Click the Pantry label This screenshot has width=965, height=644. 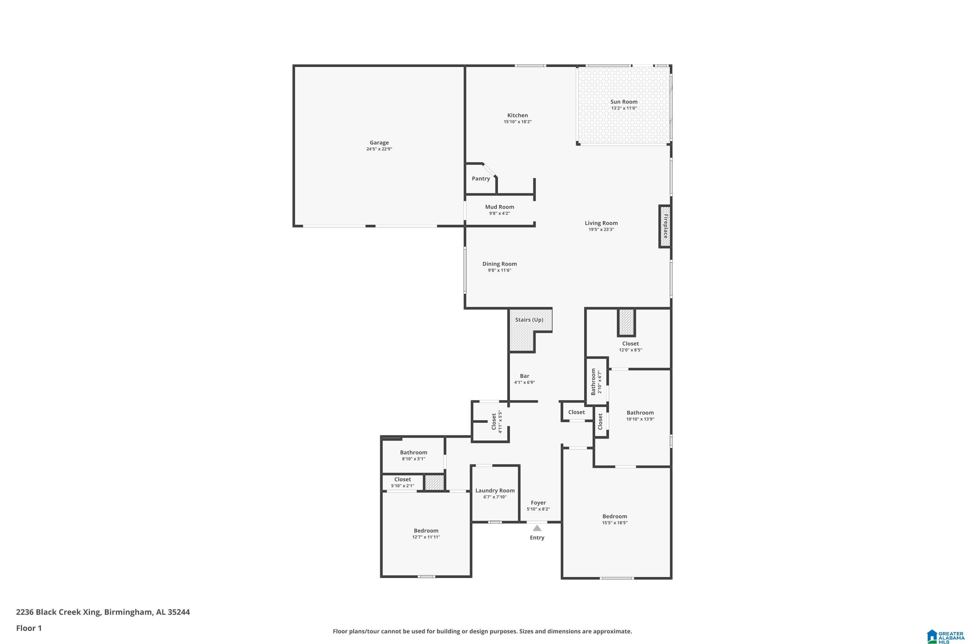(481, 179)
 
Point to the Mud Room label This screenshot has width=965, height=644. (499, 207)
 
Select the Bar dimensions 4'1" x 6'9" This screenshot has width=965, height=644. (524, 383)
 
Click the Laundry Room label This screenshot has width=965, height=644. (495, 490)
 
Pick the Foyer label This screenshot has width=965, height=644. (538, 503)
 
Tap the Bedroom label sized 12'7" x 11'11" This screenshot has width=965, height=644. (426, 531)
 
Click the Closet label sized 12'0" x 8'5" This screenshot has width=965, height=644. (630, 344)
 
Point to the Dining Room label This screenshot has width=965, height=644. (499, 264)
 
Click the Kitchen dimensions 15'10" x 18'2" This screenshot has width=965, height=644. (517, 122)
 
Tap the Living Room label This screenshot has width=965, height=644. (601, 223)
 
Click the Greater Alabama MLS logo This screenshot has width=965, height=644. (944, 636)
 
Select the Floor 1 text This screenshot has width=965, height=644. (29, 628)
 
